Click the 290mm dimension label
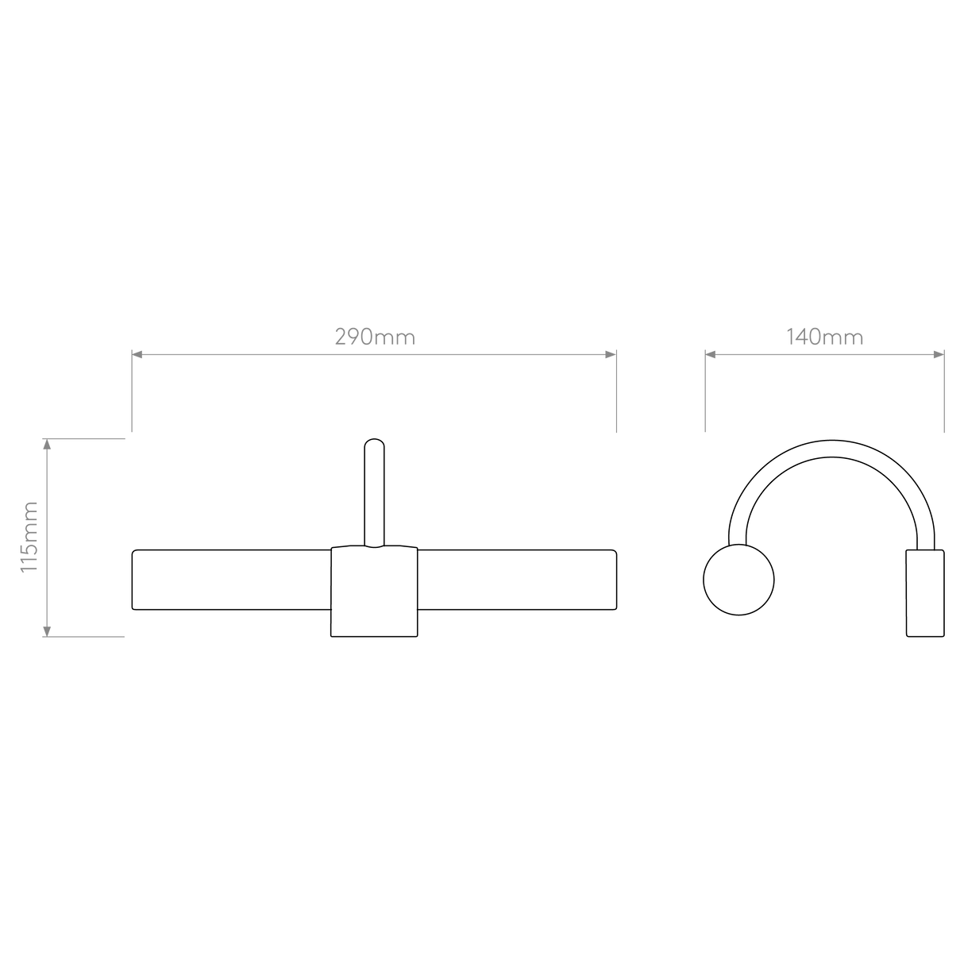pos(374,337)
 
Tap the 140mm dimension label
pos(824,337)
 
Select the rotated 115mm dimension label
pos(29,537)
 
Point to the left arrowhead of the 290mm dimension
pos(137,355)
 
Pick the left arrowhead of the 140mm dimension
pos(711,355)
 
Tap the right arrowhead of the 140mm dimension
pos(938,355)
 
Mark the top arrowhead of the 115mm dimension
pos(47,444)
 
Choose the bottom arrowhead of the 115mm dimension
pos(47,630)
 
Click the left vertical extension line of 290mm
pos(131,397)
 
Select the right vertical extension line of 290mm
pos(616,397)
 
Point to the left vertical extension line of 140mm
pos(704,397)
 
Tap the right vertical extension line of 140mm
pos(944,397)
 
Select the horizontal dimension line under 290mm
pos(373,355)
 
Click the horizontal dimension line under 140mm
pos(824,355)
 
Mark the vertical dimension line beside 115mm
pos(47,537)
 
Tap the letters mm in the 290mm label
pos(395,338)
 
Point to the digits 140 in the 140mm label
pos(804,337)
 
